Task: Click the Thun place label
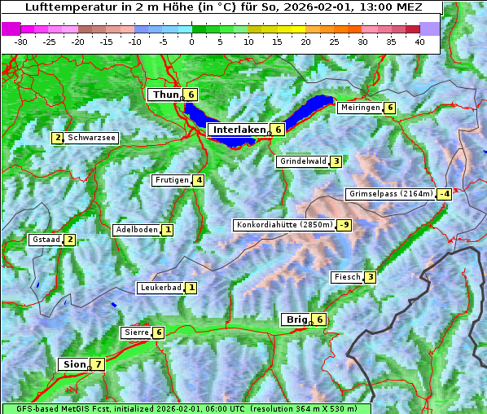point(165,95)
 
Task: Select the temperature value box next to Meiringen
point(390,108)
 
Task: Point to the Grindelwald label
point(303,161)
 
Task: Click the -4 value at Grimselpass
point(444,194)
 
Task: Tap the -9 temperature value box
point(345,225)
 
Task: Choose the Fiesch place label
point(347,277)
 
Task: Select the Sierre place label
point(136,333)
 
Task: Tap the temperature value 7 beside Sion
point(99,364)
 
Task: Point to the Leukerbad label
point(160,288)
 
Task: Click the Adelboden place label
point(136,230)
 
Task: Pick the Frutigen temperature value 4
point(199,180)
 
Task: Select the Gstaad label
point(46,240)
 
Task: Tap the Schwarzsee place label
point(92,138)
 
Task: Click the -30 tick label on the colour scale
point(21,42)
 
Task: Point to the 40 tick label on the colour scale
point(419,42)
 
